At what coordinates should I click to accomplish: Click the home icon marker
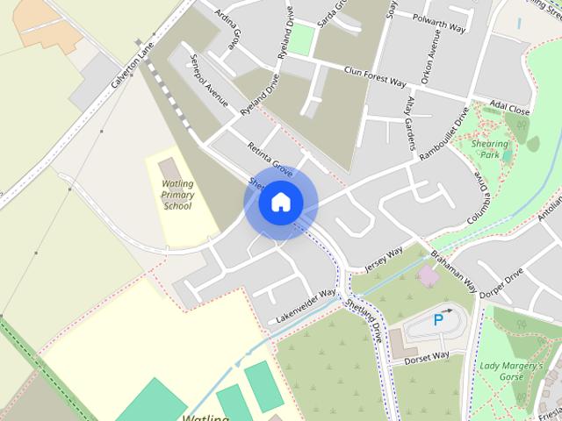point(280,203)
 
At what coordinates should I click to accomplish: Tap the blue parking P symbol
point(438,320)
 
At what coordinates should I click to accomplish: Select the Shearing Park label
point(489,149)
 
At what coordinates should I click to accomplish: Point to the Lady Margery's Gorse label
point(511,370)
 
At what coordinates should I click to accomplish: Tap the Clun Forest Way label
point(375,76)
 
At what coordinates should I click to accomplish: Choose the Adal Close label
point(510,106)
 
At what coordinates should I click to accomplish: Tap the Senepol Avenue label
point(209,83)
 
